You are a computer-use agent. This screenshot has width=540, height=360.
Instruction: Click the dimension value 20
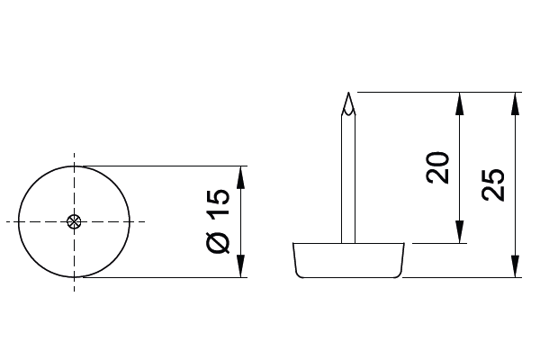(437, 167)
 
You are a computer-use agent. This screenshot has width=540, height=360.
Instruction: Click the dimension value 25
(493, 184)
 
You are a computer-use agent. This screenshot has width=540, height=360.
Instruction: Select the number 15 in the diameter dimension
(218, 202)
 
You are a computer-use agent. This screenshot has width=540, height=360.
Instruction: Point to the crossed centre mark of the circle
(74, 222)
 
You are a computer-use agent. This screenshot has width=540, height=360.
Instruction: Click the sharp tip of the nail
(348, 93)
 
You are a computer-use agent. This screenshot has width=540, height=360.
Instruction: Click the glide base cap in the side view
(348, 260)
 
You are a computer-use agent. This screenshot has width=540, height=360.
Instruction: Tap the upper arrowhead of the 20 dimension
(459, 103)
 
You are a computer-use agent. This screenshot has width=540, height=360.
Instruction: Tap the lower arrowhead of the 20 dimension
(459, 232)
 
